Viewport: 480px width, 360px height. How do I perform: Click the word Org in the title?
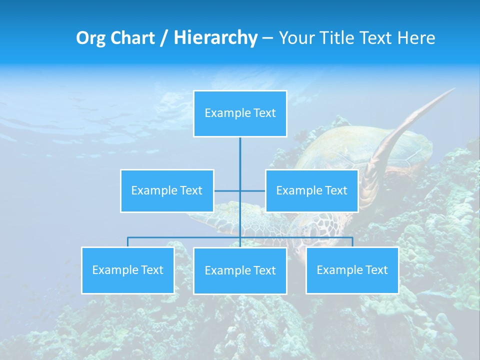tap(91, 38)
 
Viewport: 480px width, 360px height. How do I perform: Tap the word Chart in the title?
tap(132, 38)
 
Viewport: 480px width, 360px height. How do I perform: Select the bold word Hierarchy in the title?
tap(215, 38)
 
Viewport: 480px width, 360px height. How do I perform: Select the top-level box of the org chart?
tap(240, 113)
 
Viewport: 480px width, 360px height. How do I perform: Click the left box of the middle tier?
tap(167, 190)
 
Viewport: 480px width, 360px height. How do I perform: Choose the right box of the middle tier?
tap(311, 190)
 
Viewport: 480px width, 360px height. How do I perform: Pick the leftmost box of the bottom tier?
tap(127, 270)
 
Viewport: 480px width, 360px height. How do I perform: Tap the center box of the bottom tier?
tap(240, 270)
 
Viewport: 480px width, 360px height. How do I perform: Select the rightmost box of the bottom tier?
tap(352, 270)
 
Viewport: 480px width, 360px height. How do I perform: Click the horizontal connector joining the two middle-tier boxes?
tap(252, 190)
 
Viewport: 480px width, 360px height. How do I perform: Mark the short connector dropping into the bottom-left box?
tap(127, 242)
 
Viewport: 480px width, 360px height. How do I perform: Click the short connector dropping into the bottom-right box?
tap(352, 242)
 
